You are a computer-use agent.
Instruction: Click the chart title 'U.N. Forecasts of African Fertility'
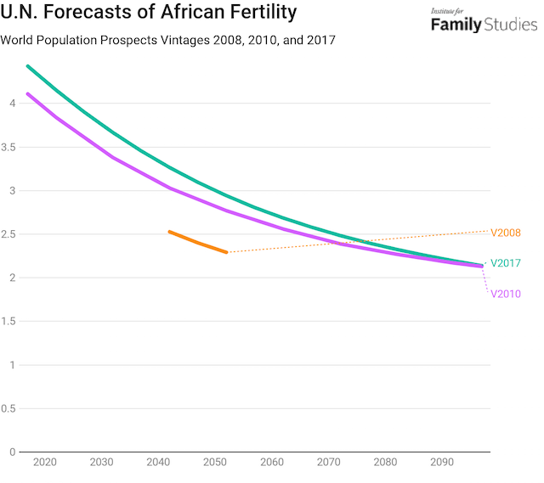click(149, 13)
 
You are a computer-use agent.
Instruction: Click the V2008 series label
click(506, 233)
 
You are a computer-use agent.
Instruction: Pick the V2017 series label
click(506, 263)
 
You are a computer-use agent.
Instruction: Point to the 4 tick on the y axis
click(11, 104)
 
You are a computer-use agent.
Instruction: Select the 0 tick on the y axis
click(11, 452)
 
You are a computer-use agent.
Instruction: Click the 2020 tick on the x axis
click(44, 463)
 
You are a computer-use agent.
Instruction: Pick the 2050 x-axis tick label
click(215, 463)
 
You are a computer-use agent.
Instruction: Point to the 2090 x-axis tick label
click(442, 463)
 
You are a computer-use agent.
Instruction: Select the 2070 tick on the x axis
click(329, 463)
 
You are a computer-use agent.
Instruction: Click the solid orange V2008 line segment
click(197, 242)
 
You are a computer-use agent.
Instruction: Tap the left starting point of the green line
click(27, 65)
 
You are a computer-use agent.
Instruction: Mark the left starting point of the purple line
click(27, 93)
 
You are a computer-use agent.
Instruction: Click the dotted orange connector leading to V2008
click(357, 242)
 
